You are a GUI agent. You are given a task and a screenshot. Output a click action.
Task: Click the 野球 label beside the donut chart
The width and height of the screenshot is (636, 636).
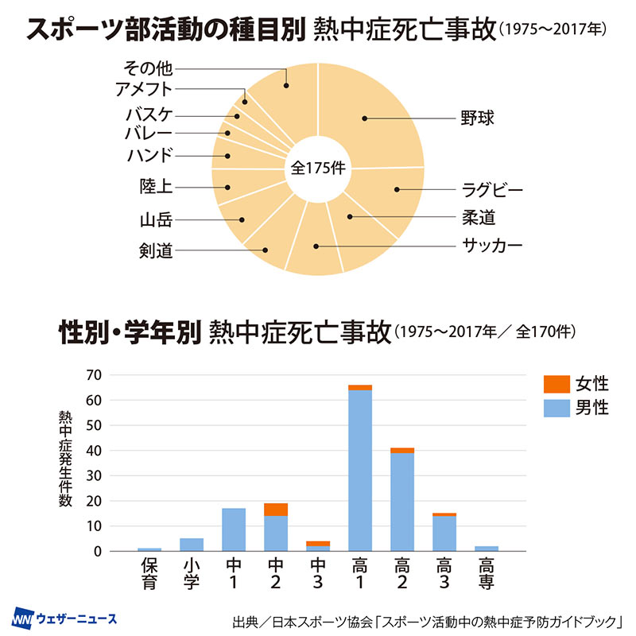pyautogui.click(x=478, y=118)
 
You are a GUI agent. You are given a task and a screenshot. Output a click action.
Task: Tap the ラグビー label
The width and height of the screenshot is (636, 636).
pyautogui.click(x=492, y=190)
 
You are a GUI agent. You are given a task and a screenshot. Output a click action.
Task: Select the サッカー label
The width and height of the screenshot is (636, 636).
pyautogui.click(x=492, y=245)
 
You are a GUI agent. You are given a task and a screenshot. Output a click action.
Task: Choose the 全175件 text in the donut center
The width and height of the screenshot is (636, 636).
pyautogui.click(x=317, y=168)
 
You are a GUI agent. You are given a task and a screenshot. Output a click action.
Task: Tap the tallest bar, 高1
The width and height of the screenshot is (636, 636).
pyautogui.click(x=360, y=469)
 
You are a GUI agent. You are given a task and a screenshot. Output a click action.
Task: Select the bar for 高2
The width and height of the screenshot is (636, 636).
pyautogui.click(x=402, y=501)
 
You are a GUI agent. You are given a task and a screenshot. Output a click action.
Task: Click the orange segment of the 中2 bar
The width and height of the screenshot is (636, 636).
pyautogui.click(x=276, y=510)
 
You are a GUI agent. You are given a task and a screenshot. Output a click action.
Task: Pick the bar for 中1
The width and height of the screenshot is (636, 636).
pyautogui.click(x=233, y=529)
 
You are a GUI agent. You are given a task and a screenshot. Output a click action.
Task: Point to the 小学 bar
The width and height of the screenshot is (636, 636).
pyautogui.click(x=192, y=545)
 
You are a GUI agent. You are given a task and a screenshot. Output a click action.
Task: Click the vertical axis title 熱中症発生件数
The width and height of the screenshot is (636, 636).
pyautogui.click(x=65, y=459)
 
